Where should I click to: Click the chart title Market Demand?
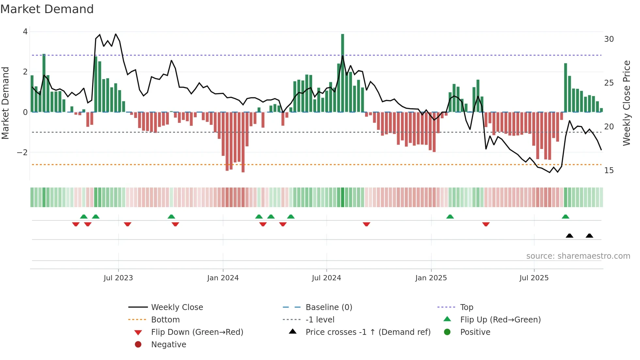pyautogui.click(x=47, y=9)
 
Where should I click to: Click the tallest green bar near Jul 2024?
pyautogui.click(x=343, y=72)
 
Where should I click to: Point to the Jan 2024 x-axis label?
pyautogui.click(x=223, y=278)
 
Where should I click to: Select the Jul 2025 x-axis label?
pyautogui.click(x=534, y=278)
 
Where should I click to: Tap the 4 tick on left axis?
pyautogui.click(x=25, y=32)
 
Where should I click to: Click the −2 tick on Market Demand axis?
pyautogui.click(x=22, y=153)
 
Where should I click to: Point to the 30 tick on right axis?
pyautogui.click(x=609, y=39)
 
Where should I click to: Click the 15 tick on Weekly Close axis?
pyautogui.click(x=609, y=171)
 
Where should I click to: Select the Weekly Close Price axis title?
pyautogui.click(x=626, y=103)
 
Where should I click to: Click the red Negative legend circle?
pyautogui.click(x=138, y=345)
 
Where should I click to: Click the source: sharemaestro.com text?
pyautogui.click(x=578, y=256)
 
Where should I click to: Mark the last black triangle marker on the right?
pyautogui.click(x=589, y=236)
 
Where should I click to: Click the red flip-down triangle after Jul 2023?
pyautogui.click(x=128, y=224)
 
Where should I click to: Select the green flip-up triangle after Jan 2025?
pyautogui.click(x=450, y=217)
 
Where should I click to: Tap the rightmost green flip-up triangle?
pyautogui.click(x=566, y=217)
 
